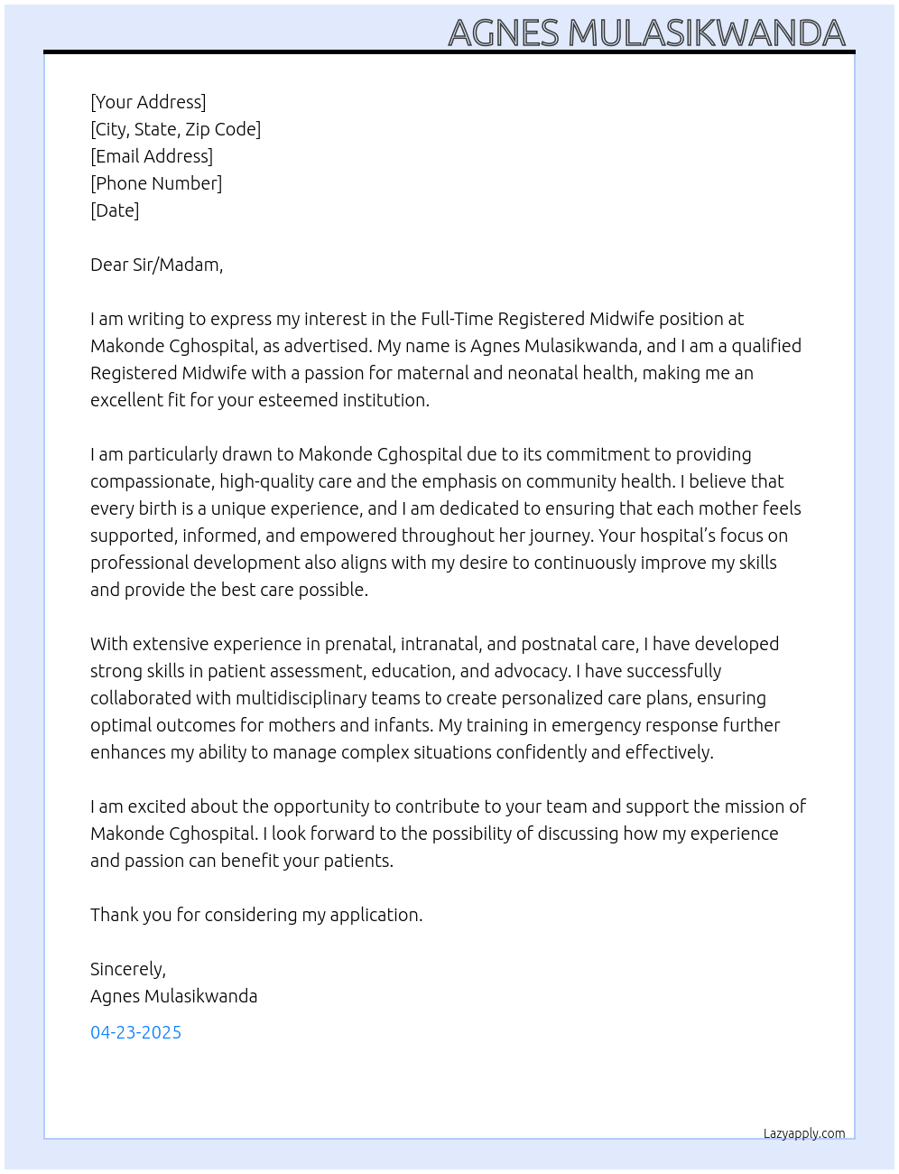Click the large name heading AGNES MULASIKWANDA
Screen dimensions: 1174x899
[646, 33]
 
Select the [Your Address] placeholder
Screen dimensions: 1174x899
[148, 102]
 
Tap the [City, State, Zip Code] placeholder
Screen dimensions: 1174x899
[175, 129]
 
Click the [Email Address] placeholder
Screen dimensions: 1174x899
[152, 156]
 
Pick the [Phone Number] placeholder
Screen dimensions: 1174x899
[156, 183]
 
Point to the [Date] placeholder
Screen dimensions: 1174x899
[115, 210]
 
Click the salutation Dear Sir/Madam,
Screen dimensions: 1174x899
[156, 265]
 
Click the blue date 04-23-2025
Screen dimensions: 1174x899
[135, 1032]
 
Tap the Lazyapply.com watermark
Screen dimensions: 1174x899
[804, 1133]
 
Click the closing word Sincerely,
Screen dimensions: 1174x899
[128, 969]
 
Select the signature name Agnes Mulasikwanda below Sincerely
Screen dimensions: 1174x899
[173, 996]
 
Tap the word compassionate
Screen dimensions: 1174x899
[150, 481]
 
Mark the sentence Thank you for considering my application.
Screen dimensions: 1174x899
[256, 915]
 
